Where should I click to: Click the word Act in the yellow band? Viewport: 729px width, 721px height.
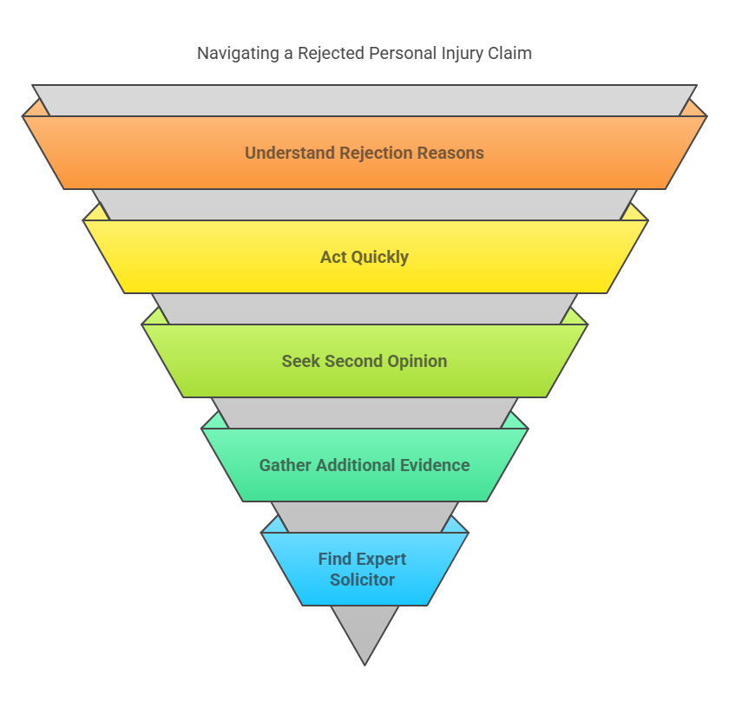pos(333,258)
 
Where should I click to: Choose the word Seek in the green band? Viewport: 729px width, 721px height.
pos(300,362)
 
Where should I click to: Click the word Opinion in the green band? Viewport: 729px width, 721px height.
pos(414,362)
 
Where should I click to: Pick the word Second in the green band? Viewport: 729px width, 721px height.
pos(351,362)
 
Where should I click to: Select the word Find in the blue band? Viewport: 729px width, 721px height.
pos(334,560)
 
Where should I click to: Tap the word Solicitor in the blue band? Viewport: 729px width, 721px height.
pos(363,580)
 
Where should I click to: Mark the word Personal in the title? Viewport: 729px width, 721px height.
pos(399,53)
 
